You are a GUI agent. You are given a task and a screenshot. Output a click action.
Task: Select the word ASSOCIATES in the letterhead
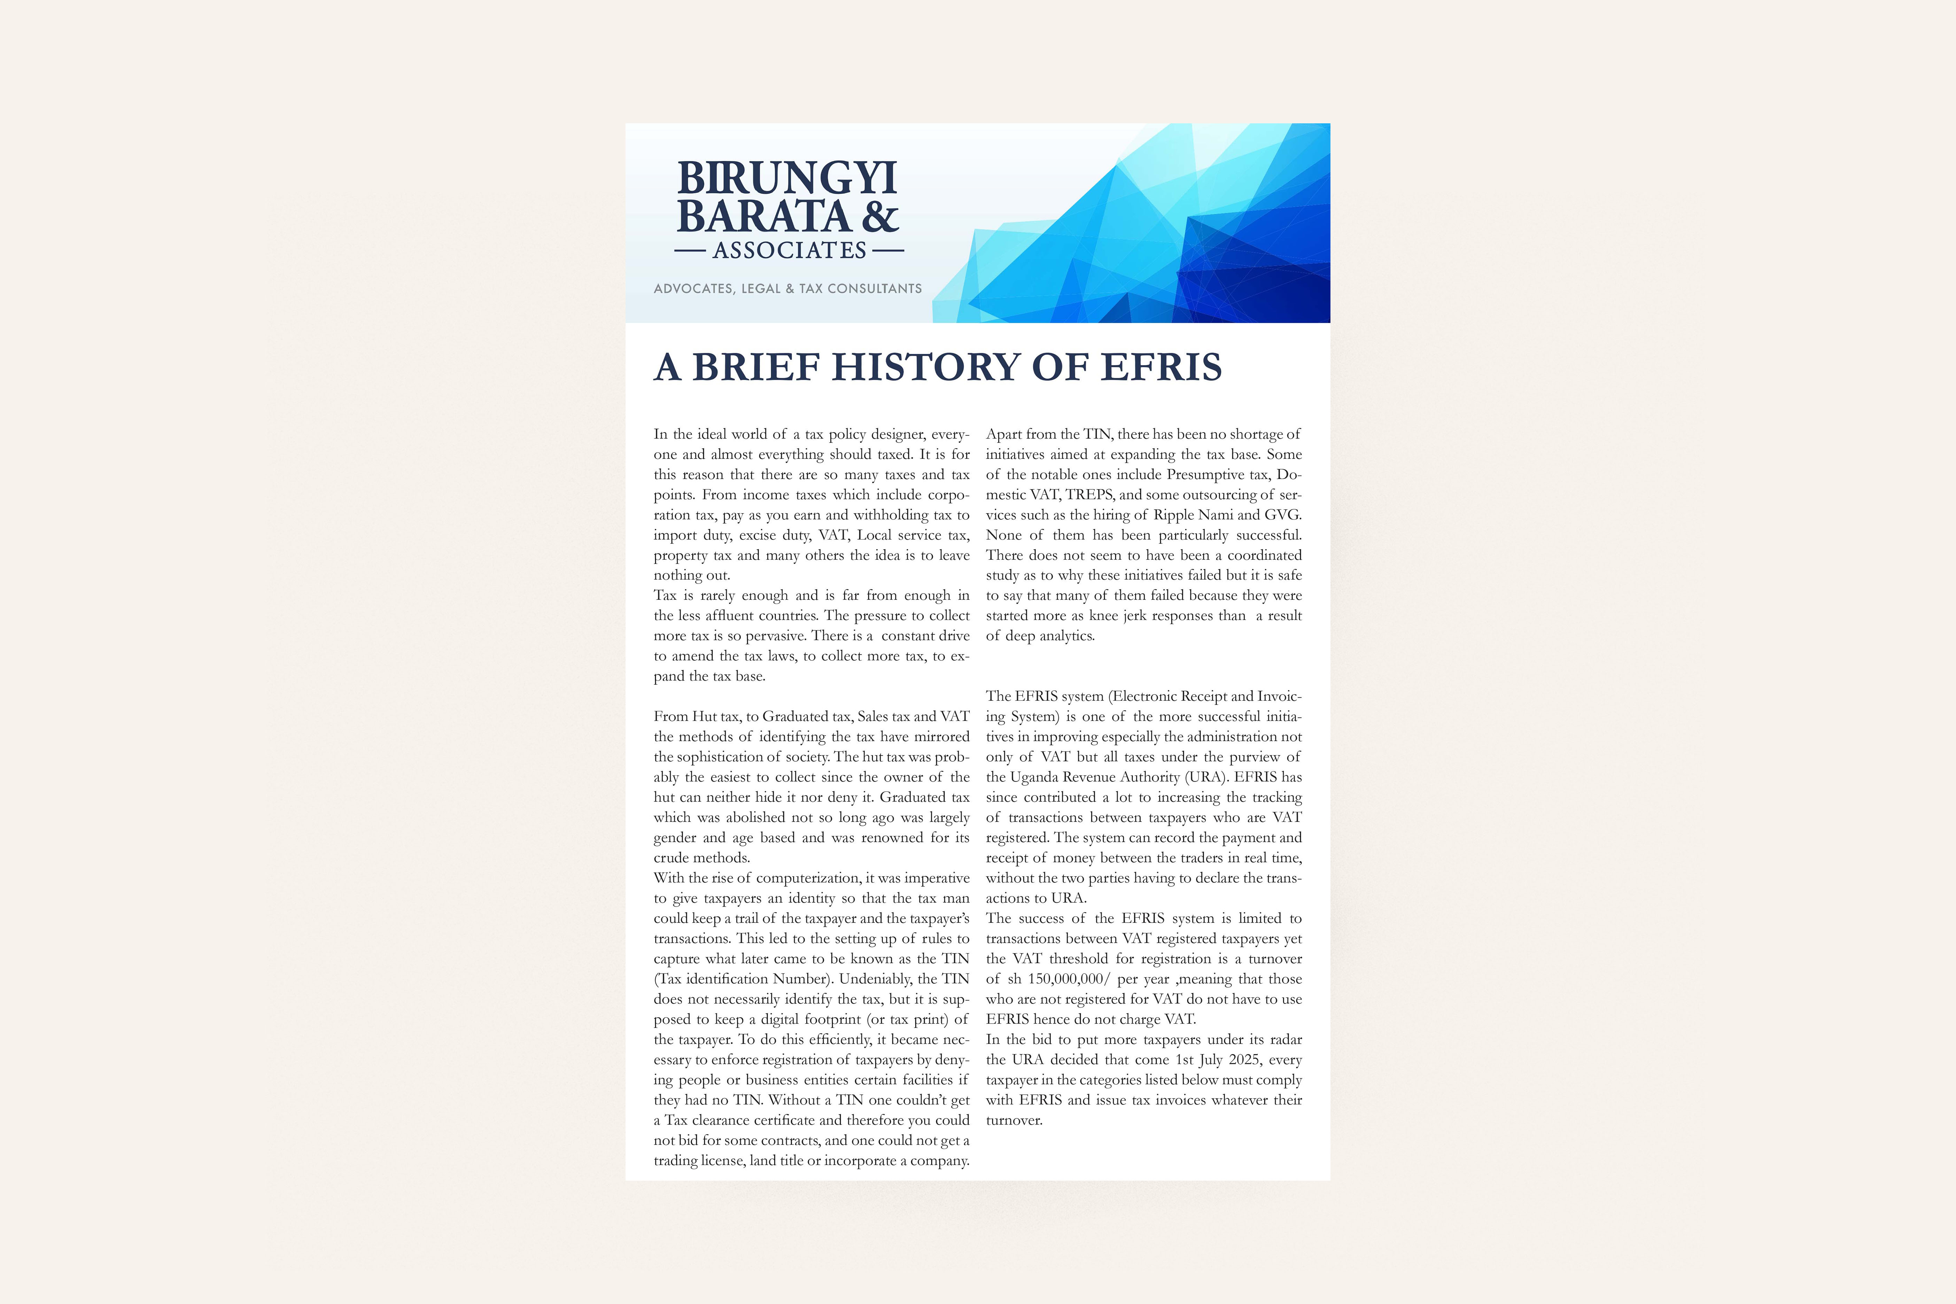pos(789,250)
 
